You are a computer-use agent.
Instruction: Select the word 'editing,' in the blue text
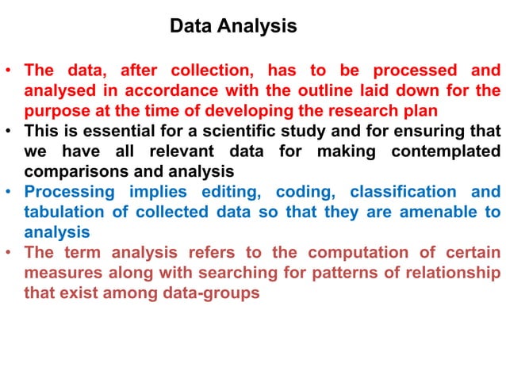(225, 193)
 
